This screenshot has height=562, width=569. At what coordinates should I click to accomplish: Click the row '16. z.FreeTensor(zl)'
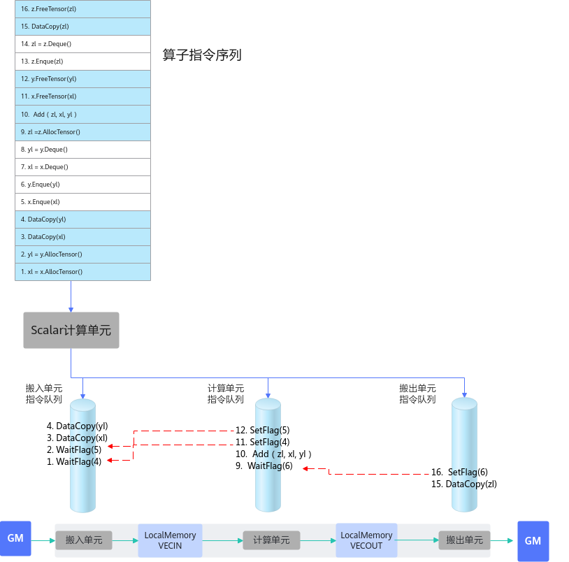[82, 9]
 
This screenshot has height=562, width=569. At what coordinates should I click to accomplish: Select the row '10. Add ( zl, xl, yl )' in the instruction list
[82, 114]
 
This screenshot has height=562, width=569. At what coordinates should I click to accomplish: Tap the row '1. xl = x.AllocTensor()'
[82, 272]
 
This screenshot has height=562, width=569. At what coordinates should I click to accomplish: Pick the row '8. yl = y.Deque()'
[82, 150]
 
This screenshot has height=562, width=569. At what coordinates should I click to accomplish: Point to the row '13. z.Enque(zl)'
[82, 62]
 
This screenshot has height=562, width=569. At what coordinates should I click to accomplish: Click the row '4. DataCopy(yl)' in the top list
[82, 219]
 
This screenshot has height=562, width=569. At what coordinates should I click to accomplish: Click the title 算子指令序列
[202, 55]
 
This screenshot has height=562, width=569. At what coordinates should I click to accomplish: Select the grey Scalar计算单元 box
[71, 330]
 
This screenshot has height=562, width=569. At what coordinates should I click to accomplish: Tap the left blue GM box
[15, 538]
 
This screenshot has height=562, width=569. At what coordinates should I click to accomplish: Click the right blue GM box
[533, 541]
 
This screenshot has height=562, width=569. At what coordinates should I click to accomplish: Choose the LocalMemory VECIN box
[170, 540]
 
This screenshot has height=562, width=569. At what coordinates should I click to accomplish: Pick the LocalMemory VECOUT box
[366, 540]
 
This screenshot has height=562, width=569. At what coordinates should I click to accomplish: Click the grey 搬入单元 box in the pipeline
[84, 540]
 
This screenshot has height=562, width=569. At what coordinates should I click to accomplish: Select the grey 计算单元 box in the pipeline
[271, 540]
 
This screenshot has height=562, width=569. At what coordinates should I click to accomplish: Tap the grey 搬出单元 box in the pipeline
[464, 540]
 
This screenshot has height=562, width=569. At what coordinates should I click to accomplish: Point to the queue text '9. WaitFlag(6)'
[264, 466]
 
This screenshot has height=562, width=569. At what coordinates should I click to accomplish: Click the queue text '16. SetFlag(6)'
[459, 472]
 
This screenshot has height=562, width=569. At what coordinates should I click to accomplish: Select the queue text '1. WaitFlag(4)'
[74, 461]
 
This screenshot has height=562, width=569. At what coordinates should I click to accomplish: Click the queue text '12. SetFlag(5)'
[263, 431]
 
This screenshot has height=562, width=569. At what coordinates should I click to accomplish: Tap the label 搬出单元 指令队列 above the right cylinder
[417, 394]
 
